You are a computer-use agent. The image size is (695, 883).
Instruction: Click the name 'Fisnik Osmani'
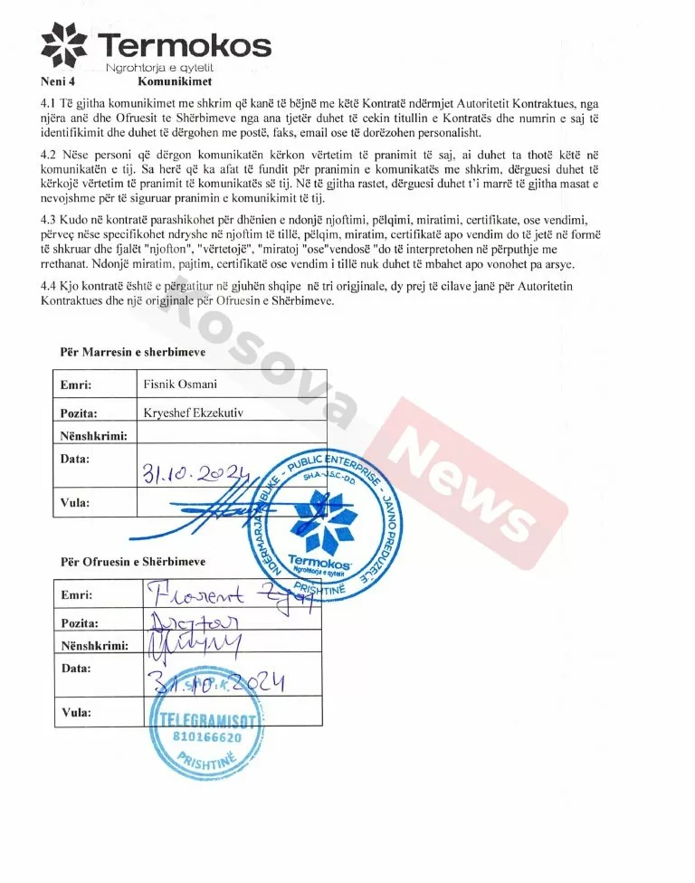pos(180,385)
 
